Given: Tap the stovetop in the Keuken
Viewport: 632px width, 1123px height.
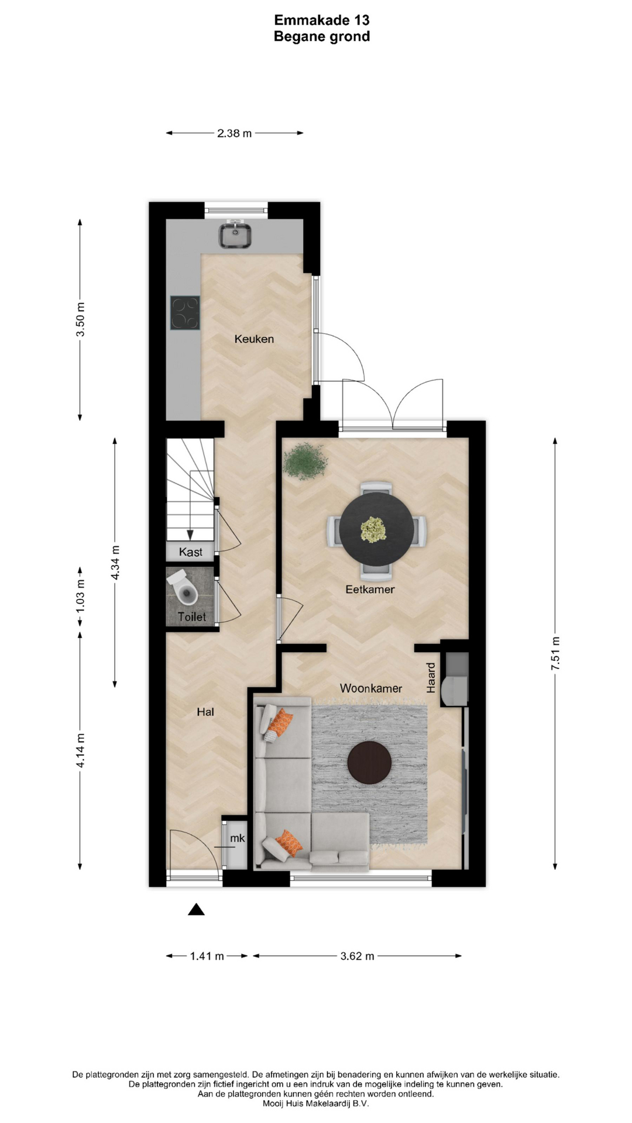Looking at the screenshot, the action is point(185,313).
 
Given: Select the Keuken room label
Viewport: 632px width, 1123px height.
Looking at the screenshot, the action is point(254,339).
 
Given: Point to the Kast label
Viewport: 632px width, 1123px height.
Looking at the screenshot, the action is point(191,552).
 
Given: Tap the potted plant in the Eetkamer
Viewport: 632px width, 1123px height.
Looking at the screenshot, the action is point(305,460).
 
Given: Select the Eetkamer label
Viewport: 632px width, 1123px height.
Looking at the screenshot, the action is point(370,590).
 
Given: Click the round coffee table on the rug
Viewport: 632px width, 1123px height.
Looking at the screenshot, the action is point(369,763).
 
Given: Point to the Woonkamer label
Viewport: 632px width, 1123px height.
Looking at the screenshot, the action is point(371,688).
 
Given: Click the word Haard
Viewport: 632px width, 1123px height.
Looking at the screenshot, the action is point(431,678).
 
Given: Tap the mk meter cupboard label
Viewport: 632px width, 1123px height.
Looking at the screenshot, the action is point(237,838).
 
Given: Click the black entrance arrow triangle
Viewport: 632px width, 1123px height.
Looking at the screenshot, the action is point(196,910).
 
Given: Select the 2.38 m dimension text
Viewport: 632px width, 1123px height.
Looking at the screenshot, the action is point(235,133).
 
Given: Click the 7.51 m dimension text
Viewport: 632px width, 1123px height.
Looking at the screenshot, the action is point(556,654).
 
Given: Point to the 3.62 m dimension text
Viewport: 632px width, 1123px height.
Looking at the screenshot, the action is point(358,956).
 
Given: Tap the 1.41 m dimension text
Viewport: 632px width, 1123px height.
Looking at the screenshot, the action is point(207,956).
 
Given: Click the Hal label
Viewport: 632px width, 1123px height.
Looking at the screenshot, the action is point(205,712).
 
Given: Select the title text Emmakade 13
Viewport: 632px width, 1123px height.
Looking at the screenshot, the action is point(322,20).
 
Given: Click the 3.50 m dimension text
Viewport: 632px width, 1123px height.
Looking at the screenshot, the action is point(81,319).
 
